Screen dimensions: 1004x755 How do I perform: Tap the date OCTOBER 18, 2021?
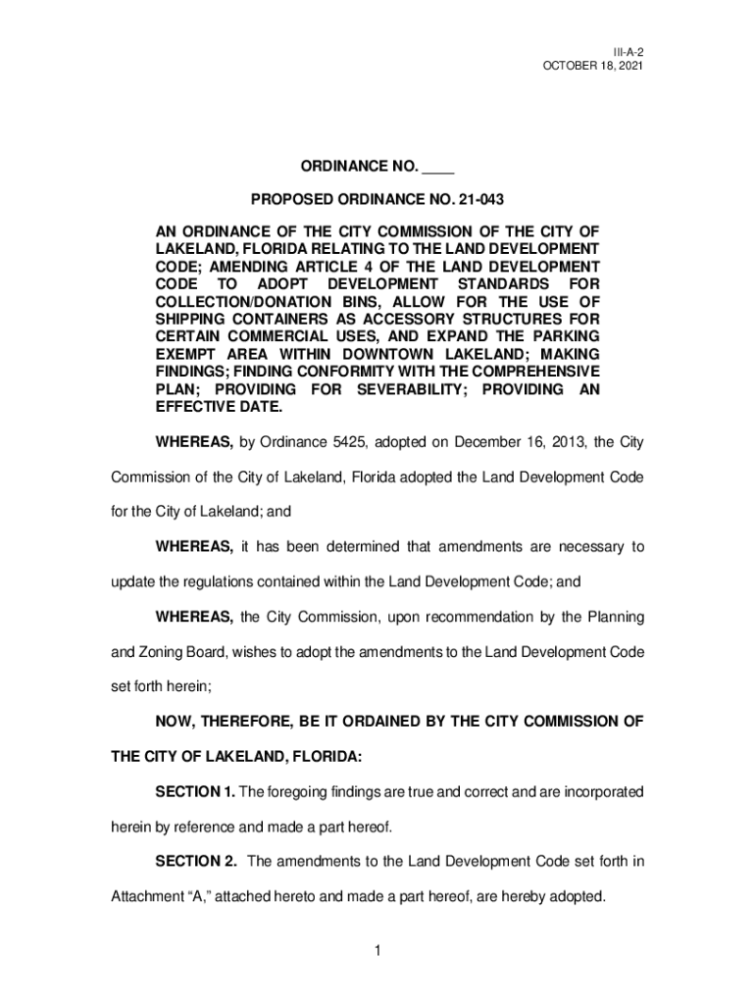pos(592,65)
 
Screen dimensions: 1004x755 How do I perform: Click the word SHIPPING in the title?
pos(192,320)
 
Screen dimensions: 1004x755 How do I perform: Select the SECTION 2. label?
pos(196,862)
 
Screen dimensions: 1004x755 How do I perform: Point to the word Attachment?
pos(147,897)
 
